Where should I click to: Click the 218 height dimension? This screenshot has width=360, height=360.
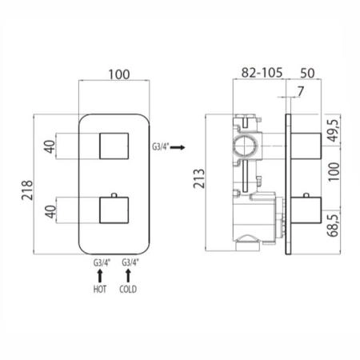click(27, 190)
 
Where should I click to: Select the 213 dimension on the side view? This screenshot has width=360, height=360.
click(199, 178)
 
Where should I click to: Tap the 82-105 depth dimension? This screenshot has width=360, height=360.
click(262, 73)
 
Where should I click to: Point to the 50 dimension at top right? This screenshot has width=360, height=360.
click(307, 73)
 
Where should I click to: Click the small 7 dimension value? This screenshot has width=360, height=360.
click(301, 91)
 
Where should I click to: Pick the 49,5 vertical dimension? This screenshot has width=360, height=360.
click(334, 130)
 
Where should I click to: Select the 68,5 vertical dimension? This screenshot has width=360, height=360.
click(334, 225)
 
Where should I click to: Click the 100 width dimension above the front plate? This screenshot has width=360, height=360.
click(119, 74)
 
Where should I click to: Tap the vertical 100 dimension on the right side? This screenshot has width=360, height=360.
click(334, 172)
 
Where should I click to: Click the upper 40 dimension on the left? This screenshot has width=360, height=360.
click(50, 146)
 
